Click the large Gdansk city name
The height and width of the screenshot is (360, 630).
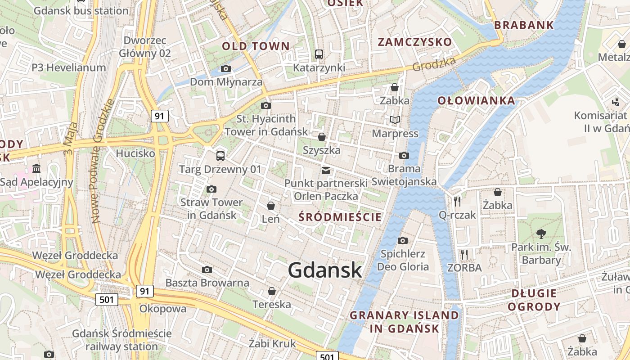[x=324, y=270]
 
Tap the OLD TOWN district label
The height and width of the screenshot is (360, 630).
[x=256, y=46]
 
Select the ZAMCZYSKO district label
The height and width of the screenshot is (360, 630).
[x=414, y=42]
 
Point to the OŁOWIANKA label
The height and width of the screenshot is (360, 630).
[x=476, y=100]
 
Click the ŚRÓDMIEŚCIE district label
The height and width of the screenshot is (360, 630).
[x=340, y=217]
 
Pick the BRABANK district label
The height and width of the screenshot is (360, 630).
[x=524, y=25]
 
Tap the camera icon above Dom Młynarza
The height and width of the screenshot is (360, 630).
[x=226, y=69]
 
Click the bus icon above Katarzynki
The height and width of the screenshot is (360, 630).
[x=319, y=54]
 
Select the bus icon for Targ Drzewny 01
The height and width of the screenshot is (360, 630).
[x=220, y=156]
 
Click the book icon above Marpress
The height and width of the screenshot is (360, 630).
[x=395, y=120]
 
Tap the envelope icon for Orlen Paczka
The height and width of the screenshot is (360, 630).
[x=326, y=171]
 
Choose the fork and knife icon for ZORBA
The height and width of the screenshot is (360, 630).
[x=464, y=255]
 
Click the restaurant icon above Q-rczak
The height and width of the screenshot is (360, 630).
[x=457, y=201]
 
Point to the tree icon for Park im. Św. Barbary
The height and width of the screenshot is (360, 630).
[x=541, y=234]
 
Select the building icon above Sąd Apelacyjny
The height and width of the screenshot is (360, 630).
[x=36, y=169]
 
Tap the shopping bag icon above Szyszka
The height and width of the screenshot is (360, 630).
[x=322, y=137]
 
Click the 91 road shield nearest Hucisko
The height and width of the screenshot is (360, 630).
[x=159, y=116]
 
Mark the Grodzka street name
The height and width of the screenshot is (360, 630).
[x=434, y=63]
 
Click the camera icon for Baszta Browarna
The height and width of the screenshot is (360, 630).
[x=207, y=270]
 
